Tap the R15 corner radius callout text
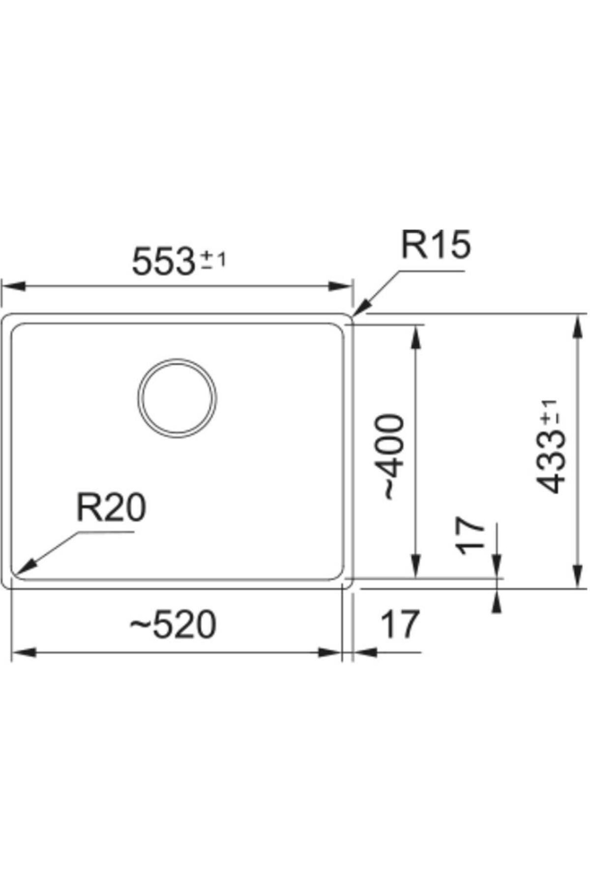(x=436, y=245)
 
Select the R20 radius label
(x=111, y=508)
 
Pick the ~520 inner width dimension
(x=173, y=624)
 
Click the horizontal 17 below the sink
(x=400, y=624)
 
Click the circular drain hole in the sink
(x=177, y=398)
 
